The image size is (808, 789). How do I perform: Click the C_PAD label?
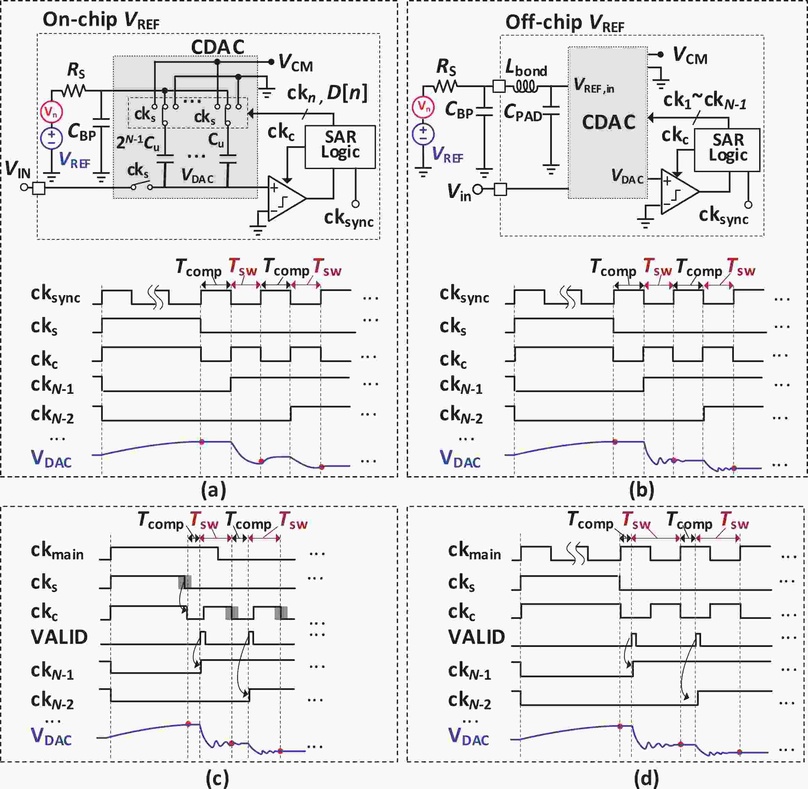(523, 113)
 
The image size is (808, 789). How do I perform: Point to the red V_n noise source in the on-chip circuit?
(51, 112)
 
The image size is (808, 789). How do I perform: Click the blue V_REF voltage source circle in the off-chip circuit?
(423, 134)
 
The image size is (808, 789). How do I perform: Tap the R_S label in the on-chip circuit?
(76, 70)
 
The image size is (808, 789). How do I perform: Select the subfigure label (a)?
(213, 490)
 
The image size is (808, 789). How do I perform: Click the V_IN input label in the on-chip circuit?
(18, 169)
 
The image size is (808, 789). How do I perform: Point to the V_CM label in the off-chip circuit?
(690, 56)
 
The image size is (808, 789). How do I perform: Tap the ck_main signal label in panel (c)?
(57, 552)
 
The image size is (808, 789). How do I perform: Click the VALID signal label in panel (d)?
(476, 637)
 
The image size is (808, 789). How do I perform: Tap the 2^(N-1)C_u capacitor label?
(138, 142)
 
